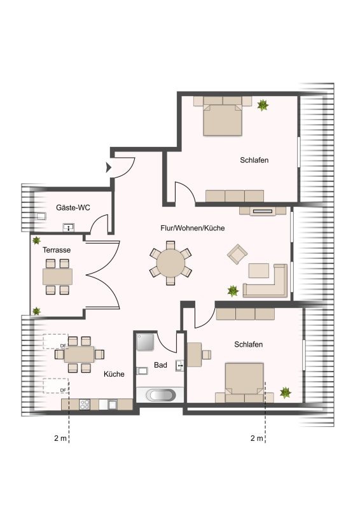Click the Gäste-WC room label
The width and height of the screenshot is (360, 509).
(x=73, y=207)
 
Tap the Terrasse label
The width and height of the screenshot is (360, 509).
(x=57, y=250)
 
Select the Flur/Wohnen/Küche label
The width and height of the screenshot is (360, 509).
(x=193, y=228)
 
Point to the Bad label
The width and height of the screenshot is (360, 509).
(x=160, y=365)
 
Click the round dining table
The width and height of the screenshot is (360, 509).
(x=170, y=263)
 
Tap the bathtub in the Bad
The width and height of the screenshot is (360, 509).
(x=161, y=394)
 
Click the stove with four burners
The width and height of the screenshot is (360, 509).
(x=85, y=405)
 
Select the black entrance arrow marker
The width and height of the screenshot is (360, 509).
(x=109, y=167)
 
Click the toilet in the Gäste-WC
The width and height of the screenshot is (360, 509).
(x=40, y=216)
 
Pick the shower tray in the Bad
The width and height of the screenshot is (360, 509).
(x=145, y=342)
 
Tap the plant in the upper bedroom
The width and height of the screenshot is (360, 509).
(x=263, y=105)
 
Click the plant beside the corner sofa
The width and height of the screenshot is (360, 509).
(x=233, y=291)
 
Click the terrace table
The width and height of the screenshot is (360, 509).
(x=57, y=277)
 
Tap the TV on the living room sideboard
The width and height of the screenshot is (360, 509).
(x=263, y=211)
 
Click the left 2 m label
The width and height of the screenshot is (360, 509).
(x=60, y=438)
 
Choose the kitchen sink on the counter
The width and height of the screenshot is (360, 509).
(x=113, y=405)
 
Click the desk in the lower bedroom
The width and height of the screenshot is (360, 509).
(x=194, y=354)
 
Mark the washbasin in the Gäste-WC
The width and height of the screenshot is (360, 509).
(x=69, y=228)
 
